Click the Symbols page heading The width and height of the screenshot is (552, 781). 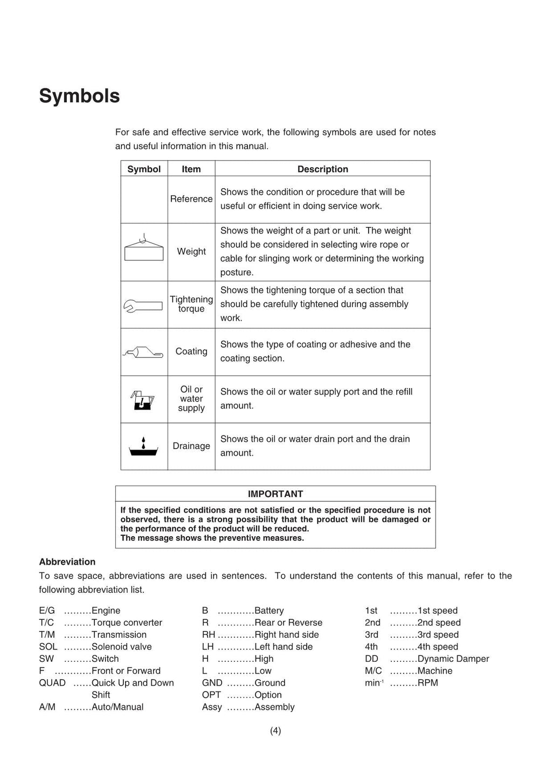pyautogui.click(x=79, y=96)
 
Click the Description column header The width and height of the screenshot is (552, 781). pyautogui.click(x=322, y=169)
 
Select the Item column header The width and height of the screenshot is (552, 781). pyautogui.click(x=191, y=169)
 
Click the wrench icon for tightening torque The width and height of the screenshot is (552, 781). pyautogui.click(x=143, y=306)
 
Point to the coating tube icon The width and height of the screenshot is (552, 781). pyautogui.click(x=143, y=353)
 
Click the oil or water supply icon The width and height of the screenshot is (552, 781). pyautogui.click(x=143, y=400)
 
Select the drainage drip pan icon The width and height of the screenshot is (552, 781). pyautogui.click(x=143, y=447)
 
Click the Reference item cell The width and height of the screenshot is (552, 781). pyautogui.click(x=191, y=199)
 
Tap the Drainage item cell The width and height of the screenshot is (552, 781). pyautogui.click(x=191, y=446)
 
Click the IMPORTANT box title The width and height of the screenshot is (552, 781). pyautogui.click(x=275, y=494)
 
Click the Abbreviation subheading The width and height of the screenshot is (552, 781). pyautogui.click(x=67, y=562)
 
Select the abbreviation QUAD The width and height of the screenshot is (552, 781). pyautogui.click(x=52, y=683)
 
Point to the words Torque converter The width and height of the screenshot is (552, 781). pyautogui.click(x=127, y=623)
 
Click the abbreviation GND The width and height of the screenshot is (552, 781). pyautogui.click(x=212, y=683)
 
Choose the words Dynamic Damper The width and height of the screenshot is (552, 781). pyautogui.click(x=453, y=659)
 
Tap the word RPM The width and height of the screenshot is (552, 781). pyautogui.click(x=427, y=683)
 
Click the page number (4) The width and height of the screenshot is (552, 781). pyautogui.click(x=275, y=731)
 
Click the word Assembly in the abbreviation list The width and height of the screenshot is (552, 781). pyautogui.click(x=274, y=707)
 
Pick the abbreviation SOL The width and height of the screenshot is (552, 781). pyautogui.click(x=48, y=647)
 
